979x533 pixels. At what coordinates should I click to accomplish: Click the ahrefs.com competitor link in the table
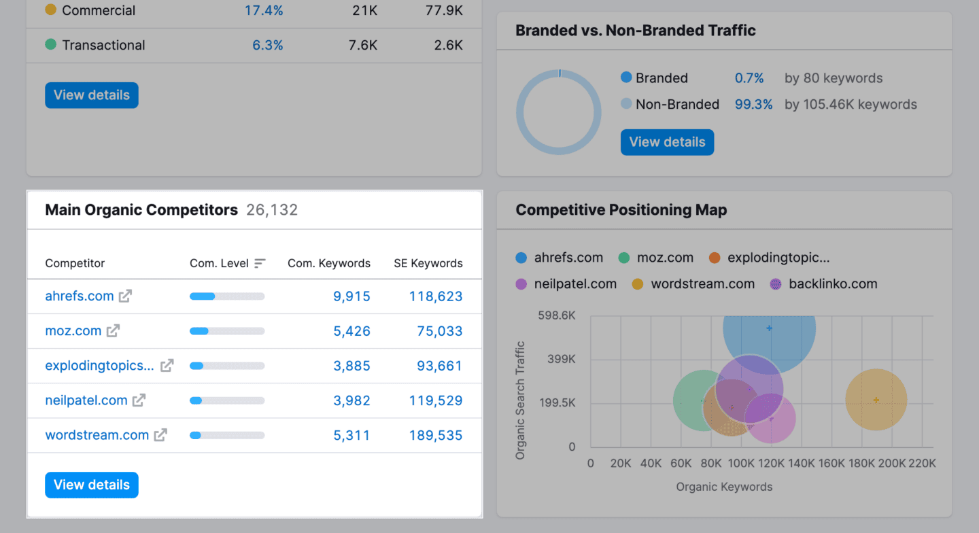tap(79, 296)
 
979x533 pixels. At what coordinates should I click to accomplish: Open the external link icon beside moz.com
tap(113, 331)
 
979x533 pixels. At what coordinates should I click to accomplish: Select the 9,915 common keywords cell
tap(351, 296)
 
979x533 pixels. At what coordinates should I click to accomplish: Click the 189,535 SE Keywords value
tap(435, 435)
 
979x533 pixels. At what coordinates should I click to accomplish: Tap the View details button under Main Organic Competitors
tap(92, 485)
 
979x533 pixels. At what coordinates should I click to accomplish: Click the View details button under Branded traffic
tap(667, 142)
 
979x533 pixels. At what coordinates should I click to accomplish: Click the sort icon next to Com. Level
tap(260, 263)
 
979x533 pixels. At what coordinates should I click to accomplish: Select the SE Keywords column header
tap(428, 263)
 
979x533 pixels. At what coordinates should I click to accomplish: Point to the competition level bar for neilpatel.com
tap(227, 400)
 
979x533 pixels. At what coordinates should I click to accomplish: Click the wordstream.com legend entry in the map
tap(693, 284)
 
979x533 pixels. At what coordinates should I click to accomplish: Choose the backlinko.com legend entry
tap(824, 284)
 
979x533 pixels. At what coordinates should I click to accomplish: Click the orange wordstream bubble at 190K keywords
tap(876, 400)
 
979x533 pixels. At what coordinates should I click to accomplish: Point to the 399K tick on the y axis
tap(562, 359)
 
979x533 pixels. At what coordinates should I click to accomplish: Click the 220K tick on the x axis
tap(922, 464)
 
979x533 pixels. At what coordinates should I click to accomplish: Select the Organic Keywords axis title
tap(724, 487)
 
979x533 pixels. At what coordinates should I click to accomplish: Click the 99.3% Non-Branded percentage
tap(753, 104)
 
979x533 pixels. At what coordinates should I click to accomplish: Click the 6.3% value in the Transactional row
tap(267, 45)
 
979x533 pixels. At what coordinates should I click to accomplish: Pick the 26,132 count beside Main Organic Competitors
tap(272, 210)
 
